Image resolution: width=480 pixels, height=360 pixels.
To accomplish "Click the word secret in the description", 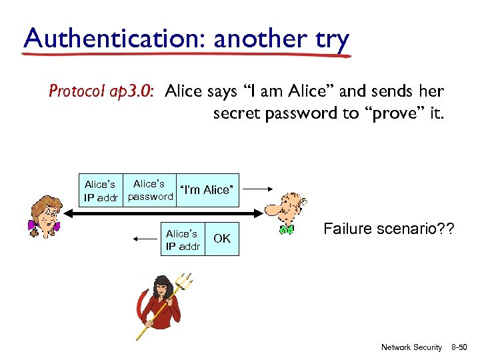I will click(x=237, y=113).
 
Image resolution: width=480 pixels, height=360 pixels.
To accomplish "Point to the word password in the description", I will click(x=303, y=113).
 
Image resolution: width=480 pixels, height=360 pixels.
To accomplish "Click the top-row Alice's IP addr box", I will click(x=101, y=191).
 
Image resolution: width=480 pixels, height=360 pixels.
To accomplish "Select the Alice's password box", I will click(x=149, y=190).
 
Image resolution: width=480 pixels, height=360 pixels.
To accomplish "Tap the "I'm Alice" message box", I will click(x=206, y=190).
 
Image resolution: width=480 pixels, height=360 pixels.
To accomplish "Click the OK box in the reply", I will click(x=222, y=239).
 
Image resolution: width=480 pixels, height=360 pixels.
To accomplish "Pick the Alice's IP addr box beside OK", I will click(x=183, y=240).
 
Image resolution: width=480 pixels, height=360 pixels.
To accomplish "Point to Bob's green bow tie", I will click(x=287, y=230).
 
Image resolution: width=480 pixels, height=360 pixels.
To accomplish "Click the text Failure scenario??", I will click(x=389, y=229).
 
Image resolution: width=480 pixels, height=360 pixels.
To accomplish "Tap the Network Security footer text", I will click(x=411, y=347).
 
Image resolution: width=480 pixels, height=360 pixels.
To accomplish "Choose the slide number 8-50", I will click(x=460, y=347).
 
